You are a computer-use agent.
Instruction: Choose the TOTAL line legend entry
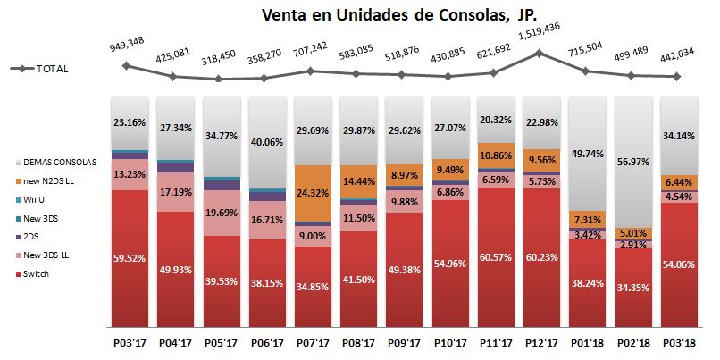click(x=39, y=69)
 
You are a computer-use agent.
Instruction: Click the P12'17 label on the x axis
click(x=541, y=343)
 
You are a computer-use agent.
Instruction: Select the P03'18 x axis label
click(x=679, y=343)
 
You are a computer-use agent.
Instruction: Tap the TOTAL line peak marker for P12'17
click(x=540, y=53)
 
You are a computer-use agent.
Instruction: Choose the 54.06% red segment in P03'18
click(x=679, y=264)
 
